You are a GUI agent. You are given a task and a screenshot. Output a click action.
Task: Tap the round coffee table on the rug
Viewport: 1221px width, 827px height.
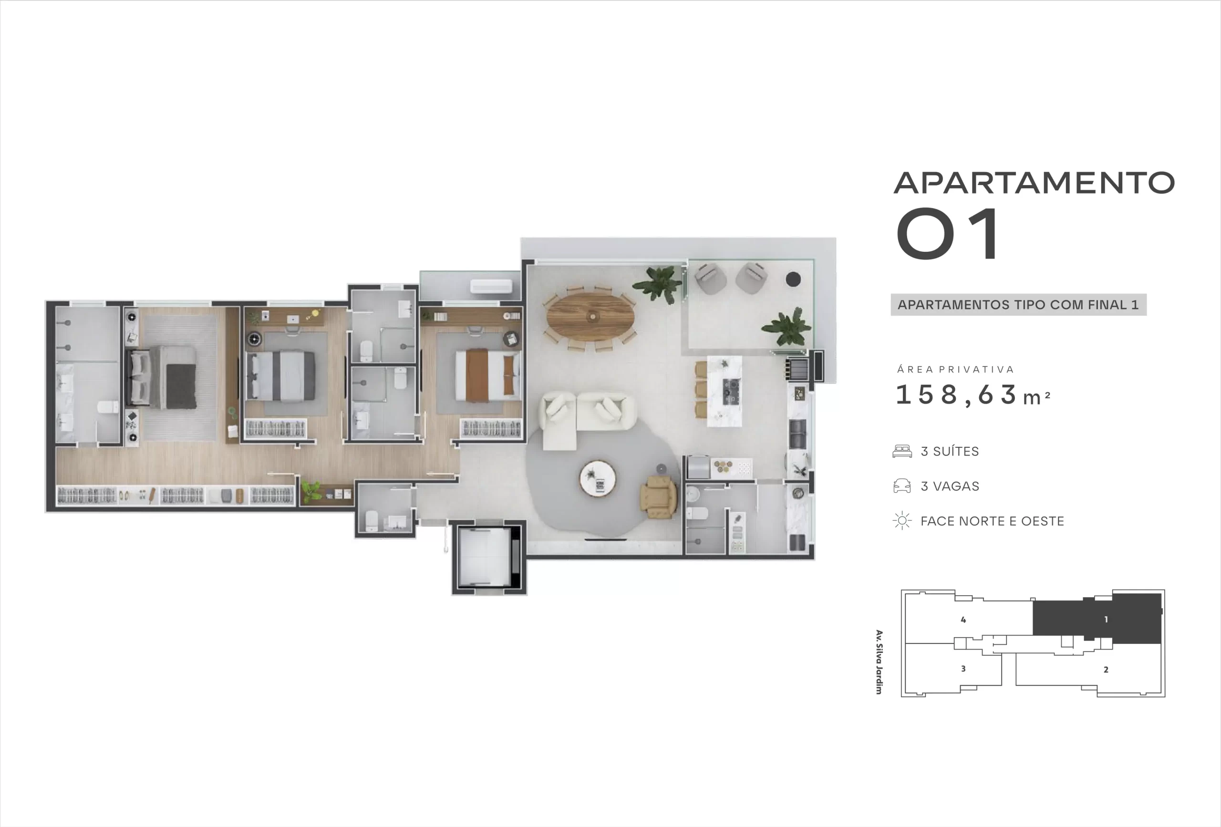pyautogui.click(x=598, y=479)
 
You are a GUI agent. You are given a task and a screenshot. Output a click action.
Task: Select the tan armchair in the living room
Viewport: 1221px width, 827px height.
pyautogui.click(x=659, y=497)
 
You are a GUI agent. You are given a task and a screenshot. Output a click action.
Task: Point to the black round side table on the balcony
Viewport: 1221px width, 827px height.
pyautogui.click(x=793, y=279)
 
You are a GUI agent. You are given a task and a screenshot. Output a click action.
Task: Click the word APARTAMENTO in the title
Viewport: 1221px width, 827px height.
pyautogui.click(x=1034, y=183)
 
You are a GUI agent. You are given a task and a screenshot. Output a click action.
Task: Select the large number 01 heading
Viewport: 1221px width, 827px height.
pyautogui.click(x=948, y=233)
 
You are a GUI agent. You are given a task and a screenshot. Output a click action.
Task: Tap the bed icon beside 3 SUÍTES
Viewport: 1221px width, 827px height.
pyautogui.click(x=902, y=451)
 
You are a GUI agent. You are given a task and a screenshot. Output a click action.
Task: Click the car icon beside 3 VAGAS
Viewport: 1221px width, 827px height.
pyautogui.click(x=902, y=486)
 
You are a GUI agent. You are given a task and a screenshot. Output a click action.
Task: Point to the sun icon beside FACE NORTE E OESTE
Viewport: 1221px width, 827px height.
pyautogui.click(x=902, y=521)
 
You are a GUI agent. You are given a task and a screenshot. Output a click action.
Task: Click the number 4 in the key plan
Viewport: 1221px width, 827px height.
pyautogui.click(x=963, y=620)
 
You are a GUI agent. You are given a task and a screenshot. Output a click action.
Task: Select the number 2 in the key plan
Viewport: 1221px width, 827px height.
pyautogui.click(x=1106, y=670)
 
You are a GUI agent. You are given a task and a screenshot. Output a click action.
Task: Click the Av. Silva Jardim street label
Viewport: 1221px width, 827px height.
pyautogui.click(x=879, y=662)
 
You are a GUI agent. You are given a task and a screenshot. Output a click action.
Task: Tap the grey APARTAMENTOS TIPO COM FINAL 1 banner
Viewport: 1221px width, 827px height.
pyautogui.click(x=1018, y=305)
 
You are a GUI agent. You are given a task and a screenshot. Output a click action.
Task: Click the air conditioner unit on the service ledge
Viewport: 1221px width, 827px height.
pyautogui.click(x=491, y=286)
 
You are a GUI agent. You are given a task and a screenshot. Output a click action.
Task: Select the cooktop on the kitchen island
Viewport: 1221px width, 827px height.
pyautogui.click(x=730, y=391)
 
